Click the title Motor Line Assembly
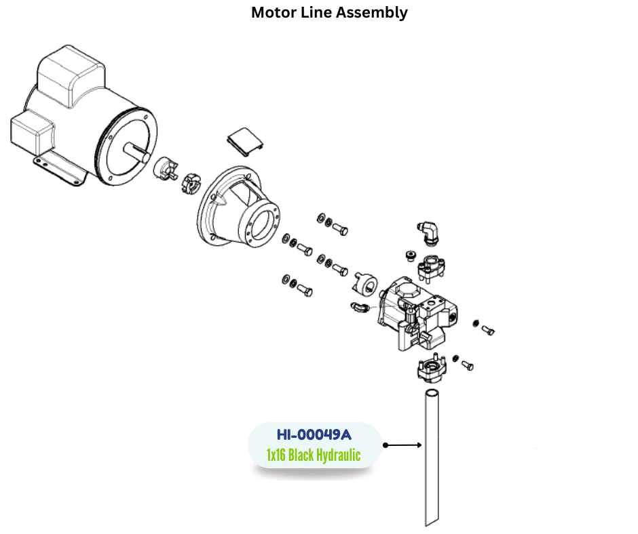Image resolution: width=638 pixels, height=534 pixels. [329, 13]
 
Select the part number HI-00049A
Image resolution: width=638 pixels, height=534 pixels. [314, 434]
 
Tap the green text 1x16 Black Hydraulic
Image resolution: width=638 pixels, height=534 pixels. [314, 455]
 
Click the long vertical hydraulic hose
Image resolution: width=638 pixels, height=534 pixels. [432, 461]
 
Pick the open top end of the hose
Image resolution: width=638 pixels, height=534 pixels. [432, 393]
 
